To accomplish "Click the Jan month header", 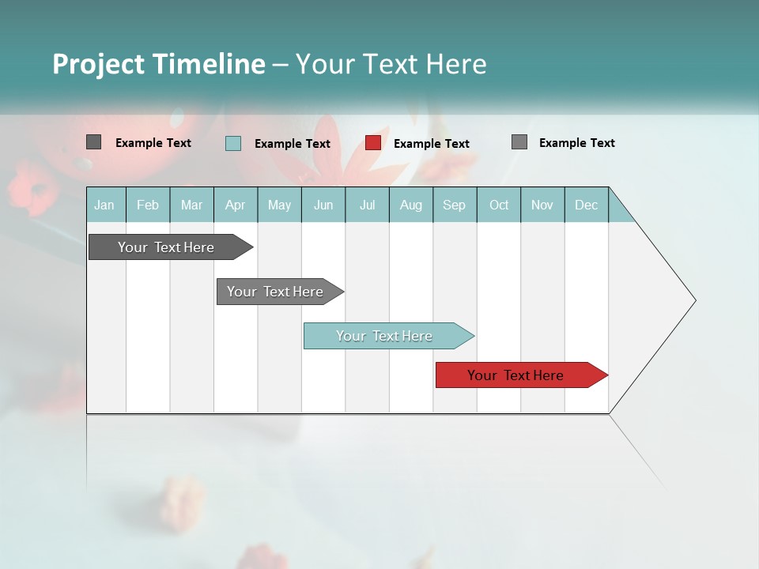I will tap(104, 205).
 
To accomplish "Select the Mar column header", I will tap(191, 205).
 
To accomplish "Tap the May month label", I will tap(279, 205).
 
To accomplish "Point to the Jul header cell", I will tap(367, 205).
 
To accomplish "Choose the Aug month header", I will tap(410, 205).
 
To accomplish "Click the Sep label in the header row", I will tap(454, 205).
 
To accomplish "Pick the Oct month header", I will tap(499, 205).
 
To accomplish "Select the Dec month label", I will tap(586, 205).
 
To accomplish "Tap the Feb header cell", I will tap(148, 205).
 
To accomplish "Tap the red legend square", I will tap(373, 143).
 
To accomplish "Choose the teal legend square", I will tap(233, 143).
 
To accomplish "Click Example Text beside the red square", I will tap(431, 144).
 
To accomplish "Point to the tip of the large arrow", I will tap(694, 300).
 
